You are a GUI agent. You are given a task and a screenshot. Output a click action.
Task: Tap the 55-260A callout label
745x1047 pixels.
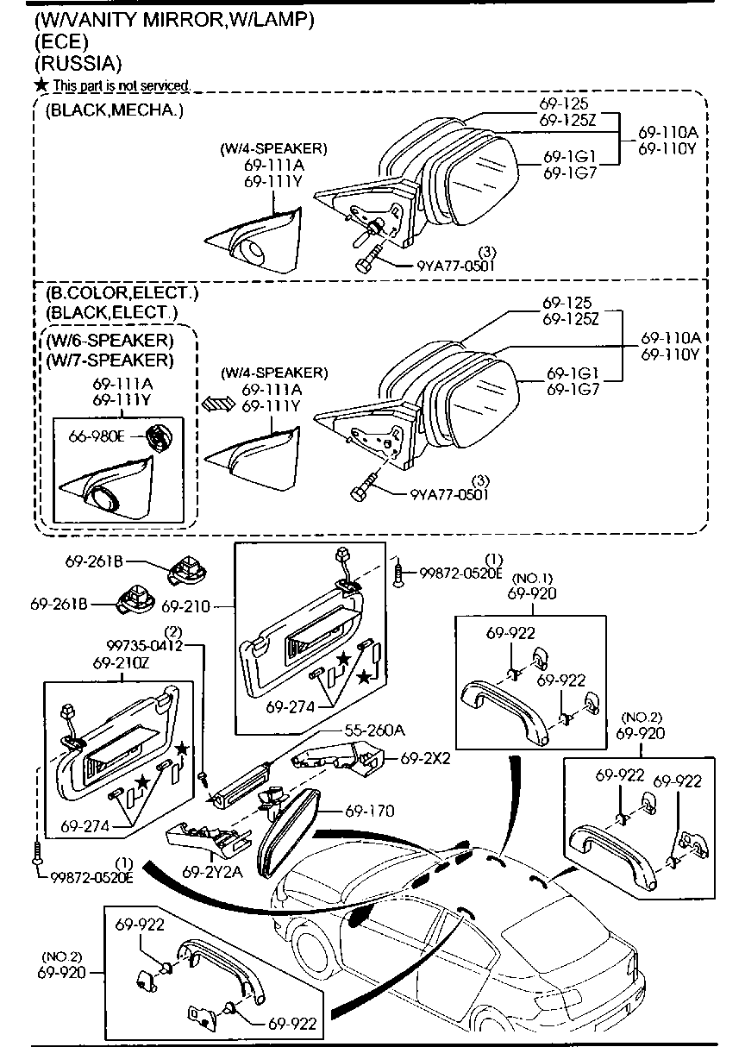(x=374, y=730)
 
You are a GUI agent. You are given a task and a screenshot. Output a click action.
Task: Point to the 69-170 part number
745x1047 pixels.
(x=370, y=811)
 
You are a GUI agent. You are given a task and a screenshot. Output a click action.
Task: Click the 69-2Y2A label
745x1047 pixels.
(x=212, y=872)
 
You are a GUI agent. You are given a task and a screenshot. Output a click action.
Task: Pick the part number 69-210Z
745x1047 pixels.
(x=122, y=664)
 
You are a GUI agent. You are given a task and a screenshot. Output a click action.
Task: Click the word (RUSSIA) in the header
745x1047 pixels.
(x=78, y=63)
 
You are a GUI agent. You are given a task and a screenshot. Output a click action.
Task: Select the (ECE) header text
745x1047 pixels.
(x=62, y=41)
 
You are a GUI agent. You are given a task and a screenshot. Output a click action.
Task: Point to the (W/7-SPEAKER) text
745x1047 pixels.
(x=110, y=359)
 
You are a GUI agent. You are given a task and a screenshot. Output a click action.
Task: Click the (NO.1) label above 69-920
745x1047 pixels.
(x=532, y=577)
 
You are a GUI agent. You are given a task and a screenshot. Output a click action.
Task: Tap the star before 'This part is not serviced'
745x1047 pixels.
(x=41, y=85)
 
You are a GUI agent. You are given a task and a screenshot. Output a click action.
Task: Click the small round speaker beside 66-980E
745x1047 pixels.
(x=160, y=437)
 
